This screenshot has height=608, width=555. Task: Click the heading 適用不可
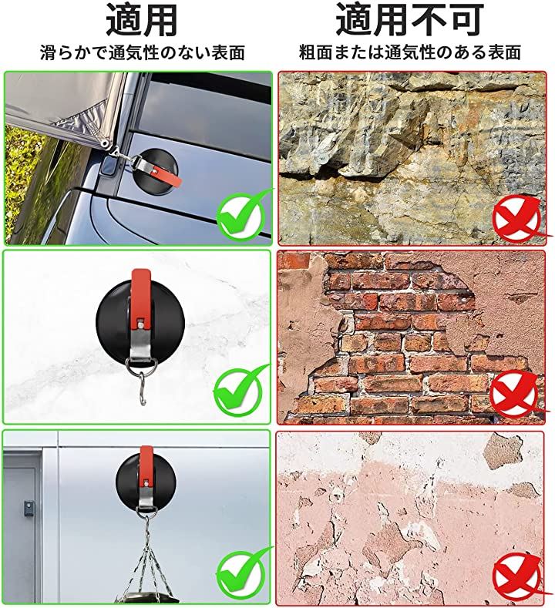409,20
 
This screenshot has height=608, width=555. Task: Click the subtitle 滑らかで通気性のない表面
143,53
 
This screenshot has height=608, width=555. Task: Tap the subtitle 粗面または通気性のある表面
409,53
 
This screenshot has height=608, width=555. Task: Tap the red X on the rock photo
519,218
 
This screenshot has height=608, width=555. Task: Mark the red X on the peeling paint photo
519,578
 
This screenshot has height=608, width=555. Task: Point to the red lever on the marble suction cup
141,297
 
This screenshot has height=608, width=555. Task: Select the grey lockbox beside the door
29,507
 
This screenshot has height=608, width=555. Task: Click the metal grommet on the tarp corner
104,144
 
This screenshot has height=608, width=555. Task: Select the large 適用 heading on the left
141,20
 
